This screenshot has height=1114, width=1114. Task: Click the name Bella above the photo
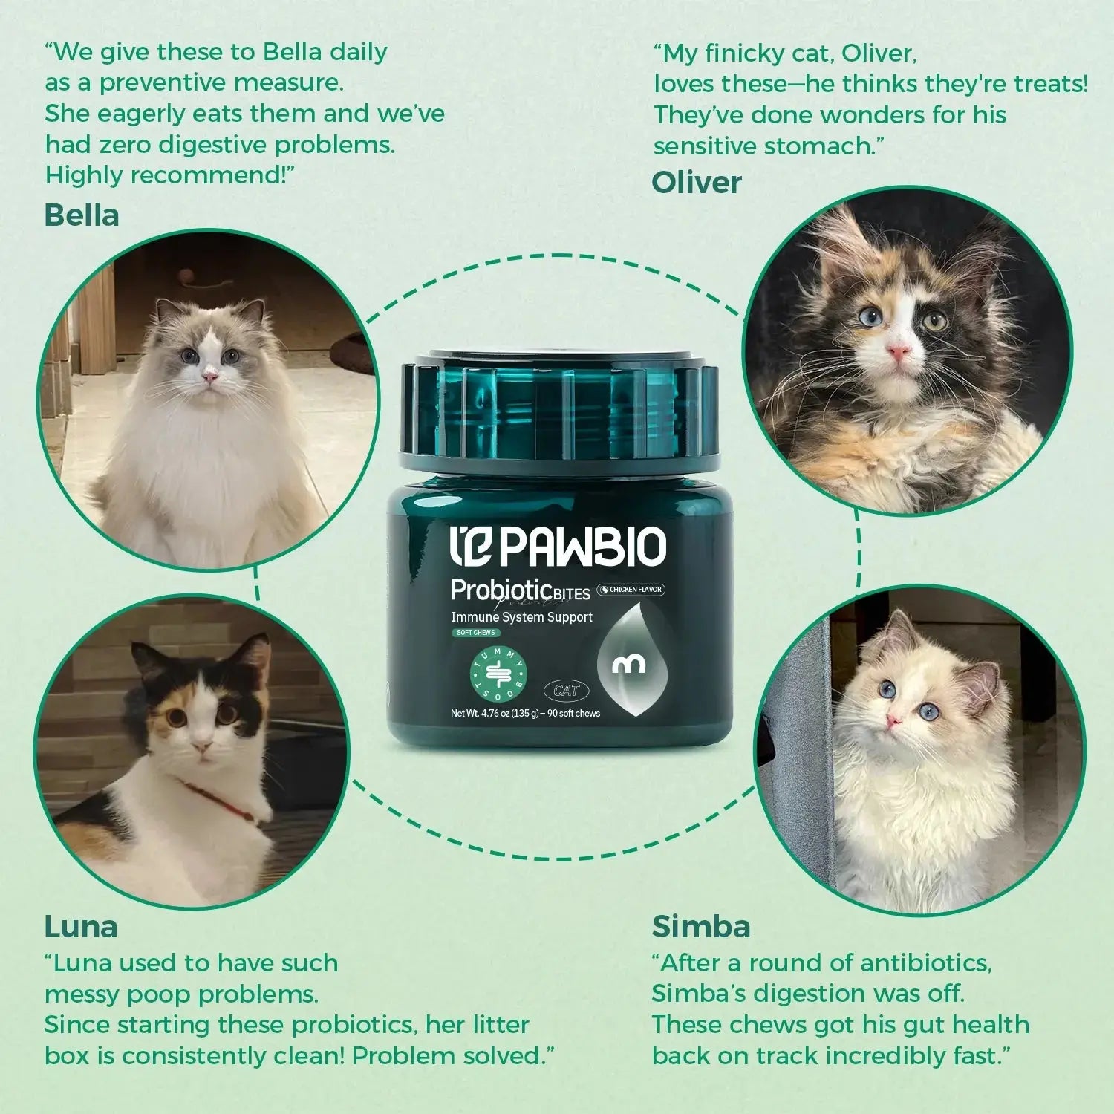point(82,215)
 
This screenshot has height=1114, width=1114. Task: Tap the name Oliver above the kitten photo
point(697,183)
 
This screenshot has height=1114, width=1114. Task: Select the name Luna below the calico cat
point(81,927)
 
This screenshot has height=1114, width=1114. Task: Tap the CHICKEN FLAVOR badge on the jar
point(631,590)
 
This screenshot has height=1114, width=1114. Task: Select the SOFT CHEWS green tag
point(475,633)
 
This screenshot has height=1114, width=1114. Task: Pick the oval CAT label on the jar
point(566,691)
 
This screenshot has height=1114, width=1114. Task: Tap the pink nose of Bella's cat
point(211,378)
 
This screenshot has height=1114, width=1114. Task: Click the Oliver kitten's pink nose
point(898,351)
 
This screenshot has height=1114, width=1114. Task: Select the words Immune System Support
point(521,617)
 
